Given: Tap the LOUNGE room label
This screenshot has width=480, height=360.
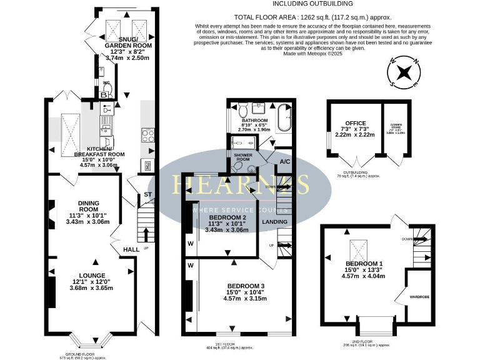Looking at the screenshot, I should [x=91, y=275].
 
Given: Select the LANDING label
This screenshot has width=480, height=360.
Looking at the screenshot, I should [x=274, y=221].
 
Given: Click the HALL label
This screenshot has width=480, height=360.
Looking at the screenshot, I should [x=131, y=249].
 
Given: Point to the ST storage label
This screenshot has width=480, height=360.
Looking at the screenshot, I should [x=147, y=194].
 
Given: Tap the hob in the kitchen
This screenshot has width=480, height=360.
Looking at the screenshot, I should [x=147, y=135].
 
